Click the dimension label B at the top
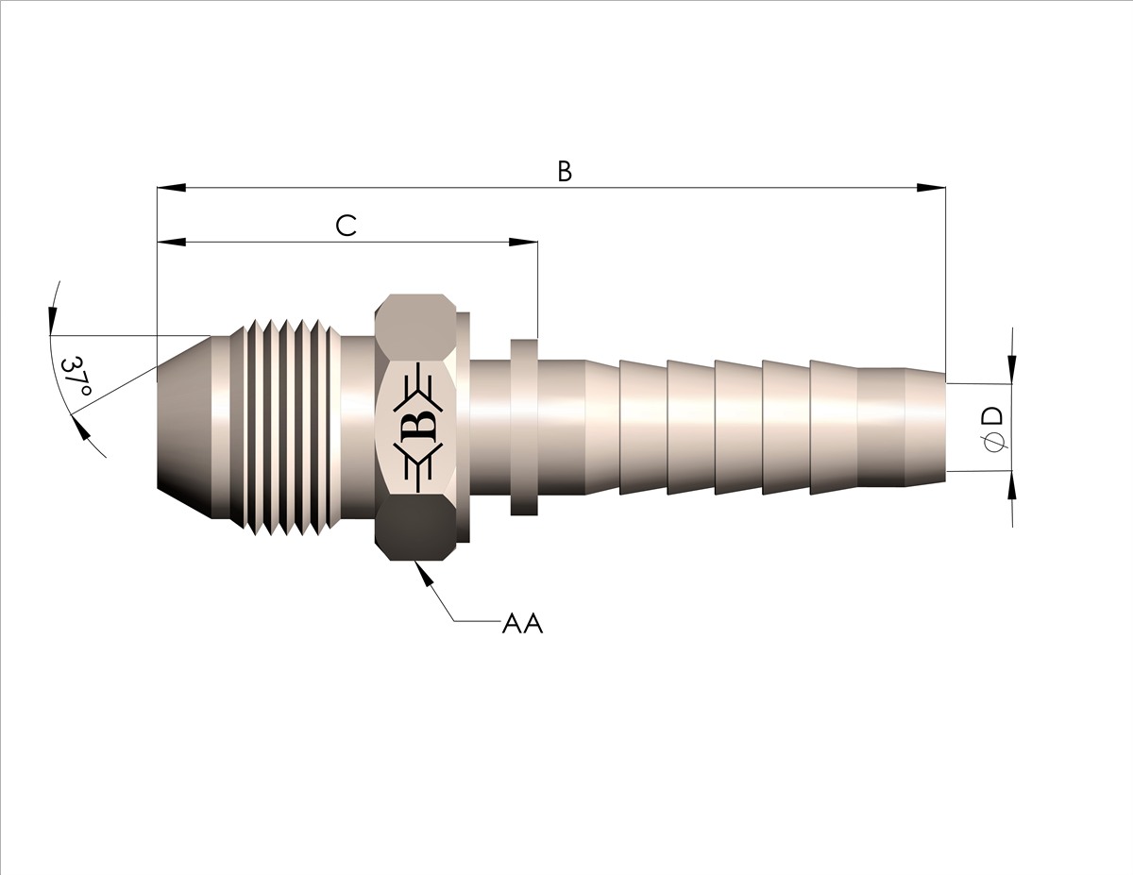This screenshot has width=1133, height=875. (x=565, y=172)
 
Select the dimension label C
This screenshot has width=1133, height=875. (x=346, y=227)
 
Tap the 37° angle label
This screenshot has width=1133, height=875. (x=76, y=377)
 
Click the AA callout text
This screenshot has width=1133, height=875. (x=522, y=624)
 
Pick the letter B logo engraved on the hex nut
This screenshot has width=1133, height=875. (x=423, y=427)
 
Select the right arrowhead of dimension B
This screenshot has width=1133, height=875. (x=931, y=187)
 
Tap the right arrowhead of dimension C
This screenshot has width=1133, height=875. (x=523, y=242)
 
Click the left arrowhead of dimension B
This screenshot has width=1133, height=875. (x=172, y=187)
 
